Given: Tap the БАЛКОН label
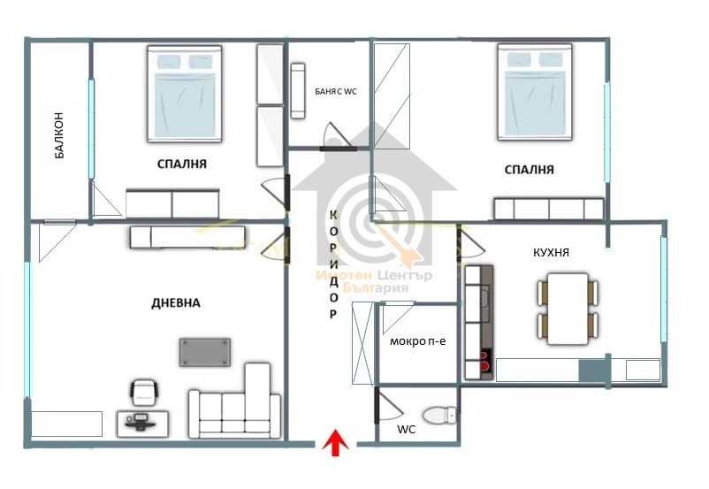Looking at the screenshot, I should [59, 134].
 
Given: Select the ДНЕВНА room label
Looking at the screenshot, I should [176, 303].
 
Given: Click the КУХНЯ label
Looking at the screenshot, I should [551, 253].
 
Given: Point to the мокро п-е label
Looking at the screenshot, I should [412, 341].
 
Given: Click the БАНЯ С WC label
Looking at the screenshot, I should [336, 91].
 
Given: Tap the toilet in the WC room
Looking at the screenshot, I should [439, 414].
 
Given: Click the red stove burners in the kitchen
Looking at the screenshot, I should [484, 360].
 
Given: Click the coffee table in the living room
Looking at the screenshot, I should [205, 351].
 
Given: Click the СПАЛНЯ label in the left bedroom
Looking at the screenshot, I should [182, 164].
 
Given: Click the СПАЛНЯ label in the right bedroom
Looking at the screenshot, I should [530, 170].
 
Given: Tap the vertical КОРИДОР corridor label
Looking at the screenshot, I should [333, 264].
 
